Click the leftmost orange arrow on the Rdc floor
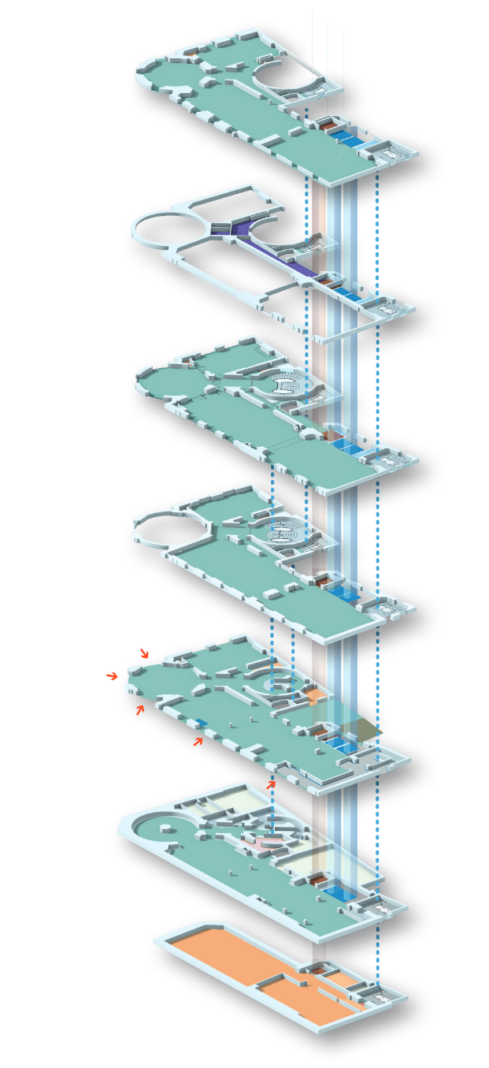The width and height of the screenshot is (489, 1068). tap(140, 710)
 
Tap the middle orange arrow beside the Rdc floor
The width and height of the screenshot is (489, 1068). tap(198, 741)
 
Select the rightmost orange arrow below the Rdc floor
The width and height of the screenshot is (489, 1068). tap(271, 784)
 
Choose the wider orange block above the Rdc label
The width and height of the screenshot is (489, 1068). tap(141, 633)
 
